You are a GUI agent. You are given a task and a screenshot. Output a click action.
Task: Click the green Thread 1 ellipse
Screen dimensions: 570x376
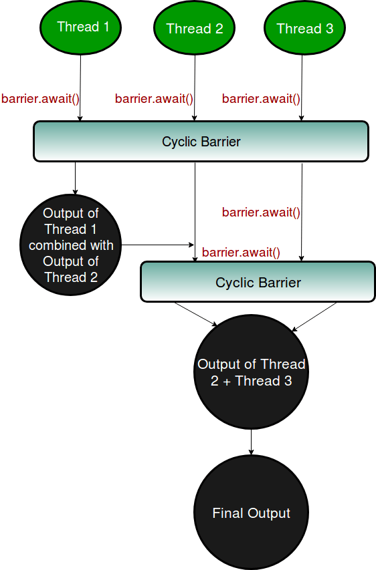pos(80,27)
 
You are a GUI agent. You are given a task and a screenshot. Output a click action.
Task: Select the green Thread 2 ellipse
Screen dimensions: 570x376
pos(195,28)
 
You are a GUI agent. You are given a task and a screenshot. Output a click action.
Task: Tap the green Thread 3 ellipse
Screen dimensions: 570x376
pos(304,28)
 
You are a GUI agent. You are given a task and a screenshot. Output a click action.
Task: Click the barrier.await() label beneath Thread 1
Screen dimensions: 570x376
pos(41,99)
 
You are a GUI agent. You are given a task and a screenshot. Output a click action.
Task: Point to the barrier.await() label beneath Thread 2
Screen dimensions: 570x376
pos(154,99)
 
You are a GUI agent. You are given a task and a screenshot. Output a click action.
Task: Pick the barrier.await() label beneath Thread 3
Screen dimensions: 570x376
pos(261,99)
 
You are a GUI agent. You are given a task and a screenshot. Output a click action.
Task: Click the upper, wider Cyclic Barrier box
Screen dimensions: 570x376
pos(201,141)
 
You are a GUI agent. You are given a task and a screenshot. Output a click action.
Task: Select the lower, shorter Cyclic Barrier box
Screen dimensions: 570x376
pos(258,282)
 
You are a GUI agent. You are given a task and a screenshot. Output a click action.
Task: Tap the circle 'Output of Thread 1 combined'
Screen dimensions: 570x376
pos(71,245)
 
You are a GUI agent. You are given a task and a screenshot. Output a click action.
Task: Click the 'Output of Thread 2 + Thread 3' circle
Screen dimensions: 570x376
pos(251,373)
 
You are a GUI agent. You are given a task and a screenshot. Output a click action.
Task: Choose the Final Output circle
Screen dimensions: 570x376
pos(251,513)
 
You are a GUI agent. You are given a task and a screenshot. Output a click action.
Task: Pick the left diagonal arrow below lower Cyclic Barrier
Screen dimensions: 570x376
pos(196,314)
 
